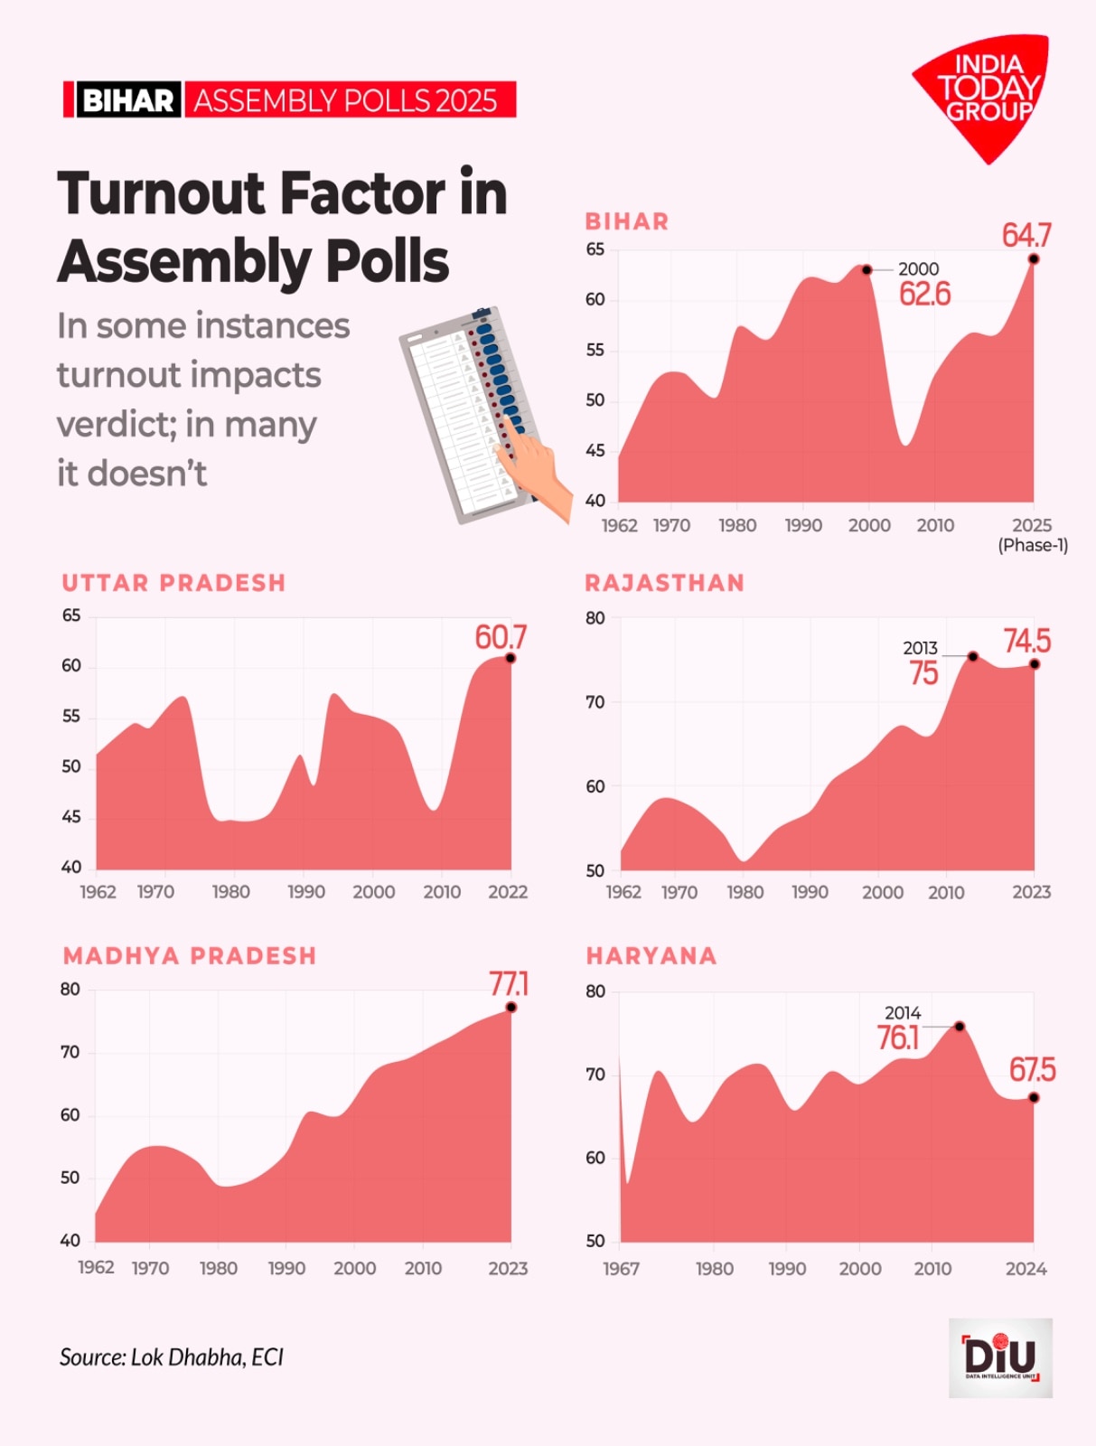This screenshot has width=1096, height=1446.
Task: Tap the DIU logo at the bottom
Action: [1000, 1357]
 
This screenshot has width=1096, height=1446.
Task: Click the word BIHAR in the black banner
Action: [127, 99]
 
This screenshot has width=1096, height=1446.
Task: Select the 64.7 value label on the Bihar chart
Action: [1026, 236]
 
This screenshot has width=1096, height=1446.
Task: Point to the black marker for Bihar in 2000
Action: [866, 269]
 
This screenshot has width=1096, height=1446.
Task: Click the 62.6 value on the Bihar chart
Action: [924, 295]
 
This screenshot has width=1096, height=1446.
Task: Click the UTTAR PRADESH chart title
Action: [173, 583]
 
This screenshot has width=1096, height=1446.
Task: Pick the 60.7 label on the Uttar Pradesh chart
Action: [500, 637]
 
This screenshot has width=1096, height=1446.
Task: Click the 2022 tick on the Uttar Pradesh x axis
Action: [508, 892]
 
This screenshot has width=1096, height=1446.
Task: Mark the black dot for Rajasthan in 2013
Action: [973, 656]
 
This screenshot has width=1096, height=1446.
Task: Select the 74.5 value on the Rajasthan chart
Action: [1026, 642]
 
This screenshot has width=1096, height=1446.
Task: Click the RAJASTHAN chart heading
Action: [664, 583]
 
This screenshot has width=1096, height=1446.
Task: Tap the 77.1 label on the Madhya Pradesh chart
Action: [509, 983]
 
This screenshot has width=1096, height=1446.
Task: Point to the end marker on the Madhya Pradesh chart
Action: [511, 1007]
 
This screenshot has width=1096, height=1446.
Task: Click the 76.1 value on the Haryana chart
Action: [897, 1038]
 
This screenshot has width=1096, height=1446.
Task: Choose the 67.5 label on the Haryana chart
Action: [1032, 1070]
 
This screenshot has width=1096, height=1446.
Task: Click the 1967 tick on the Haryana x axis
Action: [622, 1269]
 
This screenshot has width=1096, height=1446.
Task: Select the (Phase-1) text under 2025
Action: [1033, 545]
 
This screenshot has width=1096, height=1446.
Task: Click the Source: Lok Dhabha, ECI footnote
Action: [172, 1357]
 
